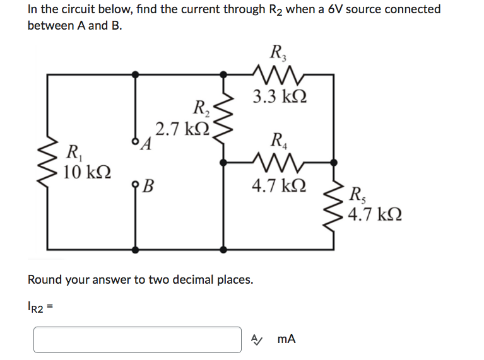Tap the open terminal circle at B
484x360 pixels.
click(135, 185)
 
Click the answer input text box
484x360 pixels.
click(138, 339)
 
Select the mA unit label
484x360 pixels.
click(286, 339)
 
